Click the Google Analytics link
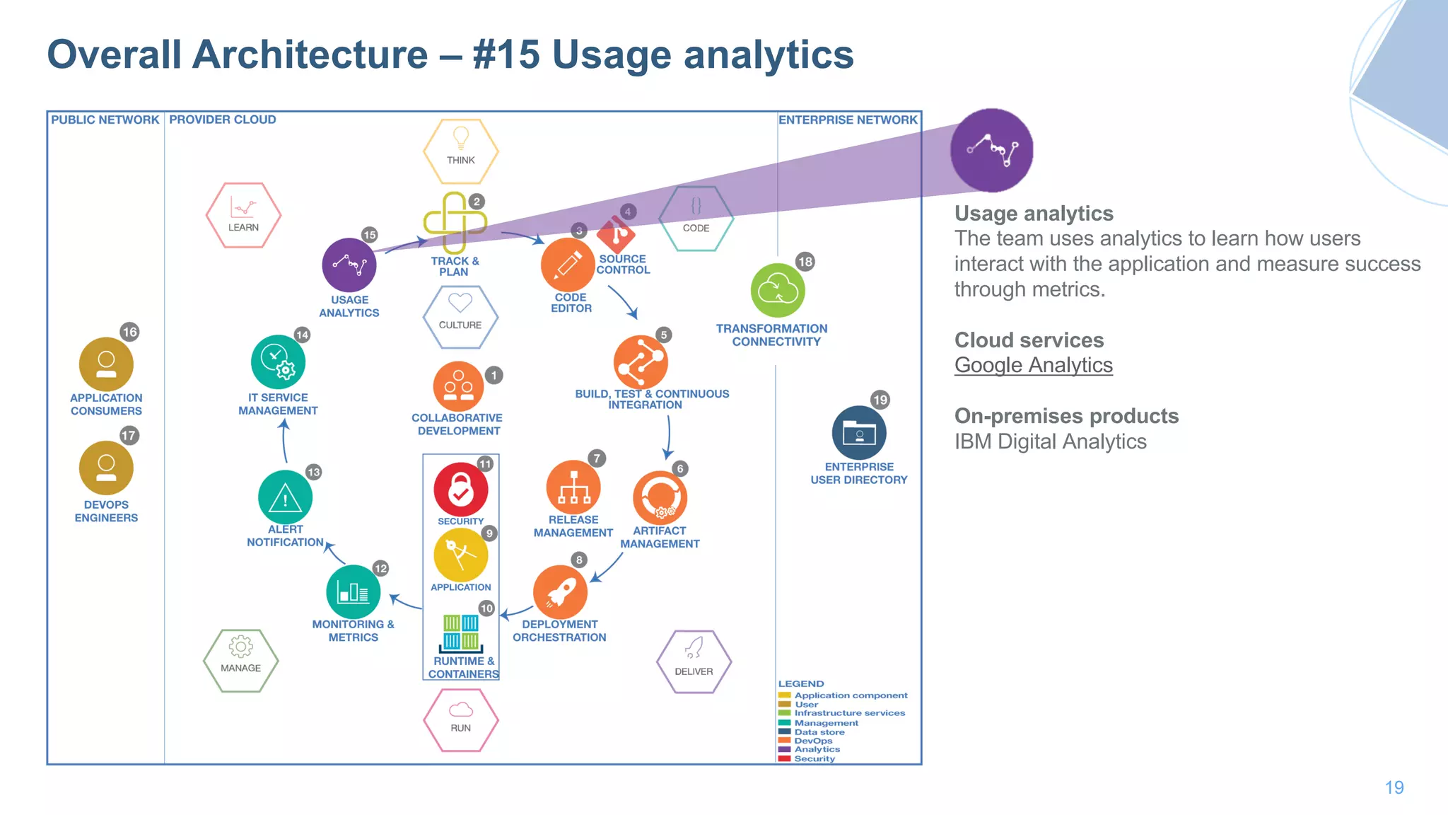1033,365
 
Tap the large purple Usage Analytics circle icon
991,150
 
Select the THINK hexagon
460,151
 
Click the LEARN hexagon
243,215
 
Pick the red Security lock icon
460,489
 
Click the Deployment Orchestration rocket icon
560,591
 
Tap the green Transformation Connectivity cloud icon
778,290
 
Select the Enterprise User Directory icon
859,432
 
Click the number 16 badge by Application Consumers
129,332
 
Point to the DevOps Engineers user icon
106,468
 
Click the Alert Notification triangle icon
285,497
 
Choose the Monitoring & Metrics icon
353,591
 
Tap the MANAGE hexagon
240,660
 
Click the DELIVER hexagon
694,661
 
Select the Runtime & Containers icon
461,632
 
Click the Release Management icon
573,487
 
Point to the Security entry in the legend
814,758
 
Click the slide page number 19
1394,787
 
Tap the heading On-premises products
1066,416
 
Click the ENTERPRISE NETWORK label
848,120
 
